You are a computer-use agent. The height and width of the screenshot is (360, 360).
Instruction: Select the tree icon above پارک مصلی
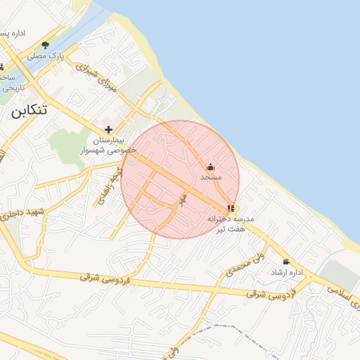pos(46,45)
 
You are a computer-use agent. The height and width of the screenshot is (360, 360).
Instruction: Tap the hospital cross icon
pos(108,129)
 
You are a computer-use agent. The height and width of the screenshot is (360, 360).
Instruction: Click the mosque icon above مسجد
pos(210,167)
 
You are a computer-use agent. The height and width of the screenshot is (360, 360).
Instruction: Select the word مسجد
pos(210,178)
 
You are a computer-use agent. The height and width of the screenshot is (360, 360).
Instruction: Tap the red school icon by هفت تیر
pos(231,208)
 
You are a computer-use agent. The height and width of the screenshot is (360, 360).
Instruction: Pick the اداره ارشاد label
pos(286,272)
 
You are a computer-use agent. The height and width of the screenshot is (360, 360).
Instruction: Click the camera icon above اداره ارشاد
pos(286,262)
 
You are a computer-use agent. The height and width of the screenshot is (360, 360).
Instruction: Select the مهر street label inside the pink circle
pos(182,200)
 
